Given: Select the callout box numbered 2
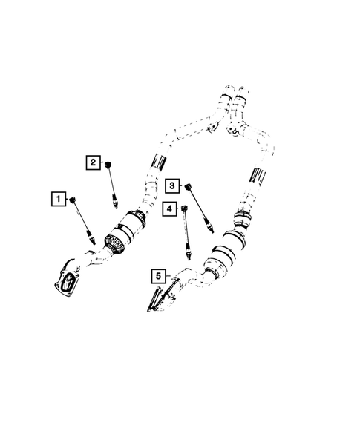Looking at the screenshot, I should (x=93, y=162).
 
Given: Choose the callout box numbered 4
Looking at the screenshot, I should (x=169, y=210).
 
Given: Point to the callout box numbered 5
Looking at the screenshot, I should (x=158, y=276).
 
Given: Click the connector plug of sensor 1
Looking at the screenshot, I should (x=73, y=199).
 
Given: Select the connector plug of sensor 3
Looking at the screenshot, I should (x=187, y=183).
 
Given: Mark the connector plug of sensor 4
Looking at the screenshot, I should (x=183, y=209).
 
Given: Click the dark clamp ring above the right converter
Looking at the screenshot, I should (x=242, y=220).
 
